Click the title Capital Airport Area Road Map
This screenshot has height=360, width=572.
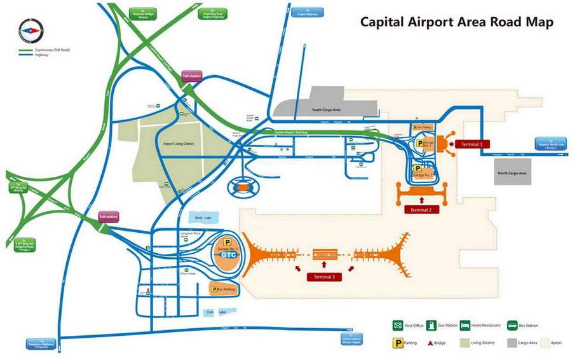coord(456,22)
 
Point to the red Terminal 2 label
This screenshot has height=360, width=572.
coord(421,210)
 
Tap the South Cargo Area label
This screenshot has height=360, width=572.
coord(326,110)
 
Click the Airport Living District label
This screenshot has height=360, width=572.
coord(178,144)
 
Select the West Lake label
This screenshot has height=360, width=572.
coord(203,218)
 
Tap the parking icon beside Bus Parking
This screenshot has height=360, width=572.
coord(214,289)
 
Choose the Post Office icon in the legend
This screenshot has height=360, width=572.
coord(397,326)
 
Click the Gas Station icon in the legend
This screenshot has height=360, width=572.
coord(431,326)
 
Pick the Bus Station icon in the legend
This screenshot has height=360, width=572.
coord(512,326)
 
